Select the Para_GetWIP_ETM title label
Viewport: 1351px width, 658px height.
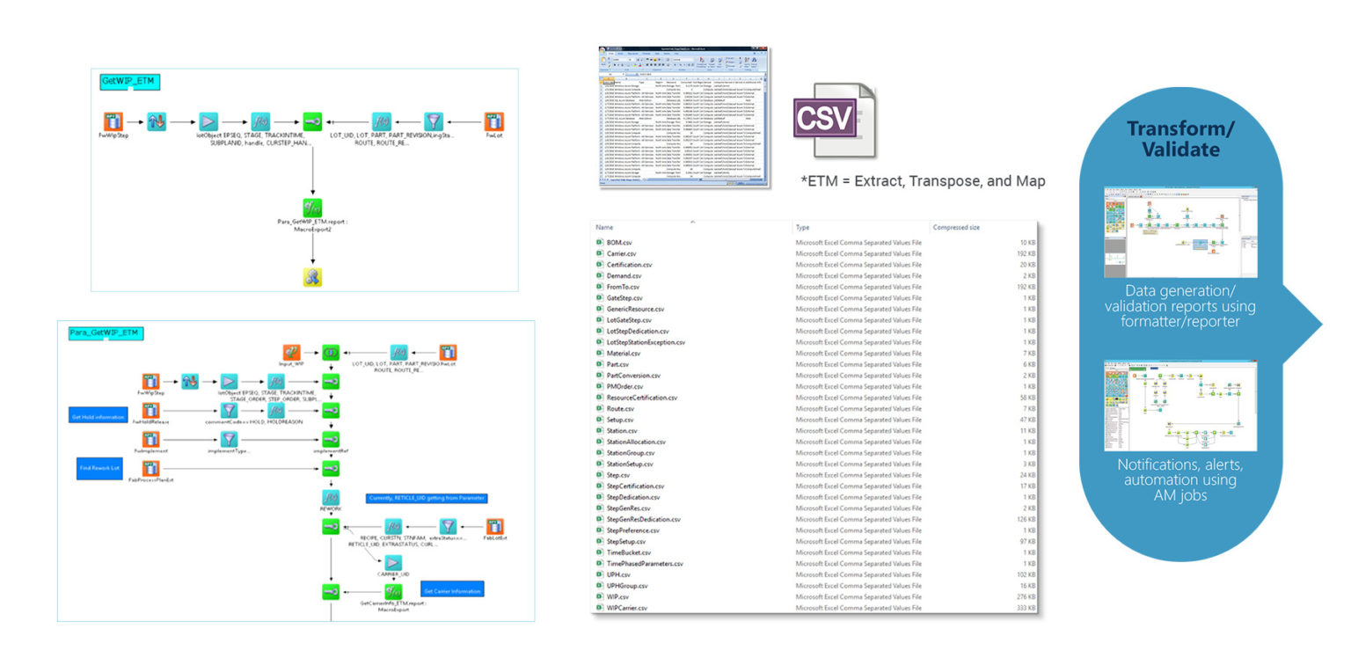[106, 333]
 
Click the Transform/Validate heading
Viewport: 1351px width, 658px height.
[1180, 139]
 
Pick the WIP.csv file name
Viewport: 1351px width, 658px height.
[617, 596]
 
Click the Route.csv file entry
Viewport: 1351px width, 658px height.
[620, 408]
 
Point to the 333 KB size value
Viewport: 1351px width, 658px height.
[1025, 608]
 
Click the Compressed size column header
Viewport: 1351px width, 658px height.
[956, 227]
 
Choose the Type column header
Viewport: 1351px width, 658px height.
[802, 227]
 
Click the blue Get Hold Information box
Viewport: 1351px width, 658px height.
[97, 415]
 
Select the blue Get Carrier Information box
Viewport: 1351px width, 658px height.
[452, 590]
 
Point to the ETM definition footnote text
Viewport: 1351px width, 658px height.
[923, 181]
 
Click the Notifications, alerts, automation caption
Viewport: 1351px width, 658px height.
[1179, 480]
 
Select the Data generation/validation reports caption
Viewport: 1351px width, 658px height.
[1179, 306]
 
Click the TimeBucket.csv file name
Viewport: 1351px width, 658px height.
[628, 552]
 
